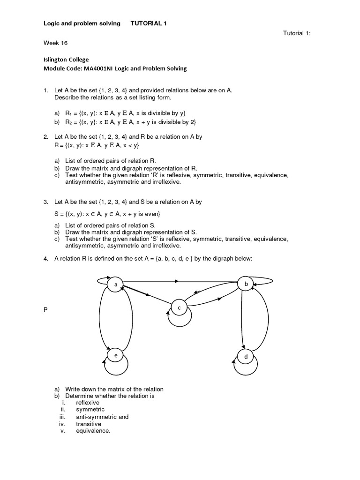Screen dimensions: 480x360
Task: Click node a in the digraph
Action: pyautogui.click(x=115, y=285)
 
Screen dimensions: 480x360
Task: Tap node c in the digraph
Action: pyautogui.click(x=179, y=307)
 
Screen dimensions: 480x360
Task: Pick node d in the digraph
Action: pyautogui.click(x=246, y=357)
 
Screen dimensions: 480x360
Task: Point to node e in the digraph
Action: pyautogui.click(x=115, y=356)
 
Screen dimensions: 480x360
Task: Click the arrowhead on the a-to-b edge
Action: pyautogui.click(x=176, y=281)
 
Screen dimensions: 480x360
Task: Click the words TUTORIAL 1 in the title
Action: pyautogui.click(x=149, y=23)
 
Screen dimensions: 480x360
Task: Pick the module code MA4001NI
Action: pyautogui.click(x=98, y=68)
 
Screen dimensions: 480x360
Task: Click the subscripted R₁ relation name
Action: pyautogui.click(x=68, y=113)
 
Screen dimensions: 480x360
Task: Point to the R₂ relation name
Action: pyautogui.click(x=68, y=122)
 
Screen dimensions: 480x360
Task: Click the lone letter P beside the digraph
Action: pyautogui.click(x=45, y=311)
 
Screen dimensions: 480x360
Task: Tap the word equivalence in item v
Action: pyautogui.click(x=93, y=431)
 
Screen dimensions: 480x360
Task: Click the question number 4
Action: pyautogui.click(x=45, y=258)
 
